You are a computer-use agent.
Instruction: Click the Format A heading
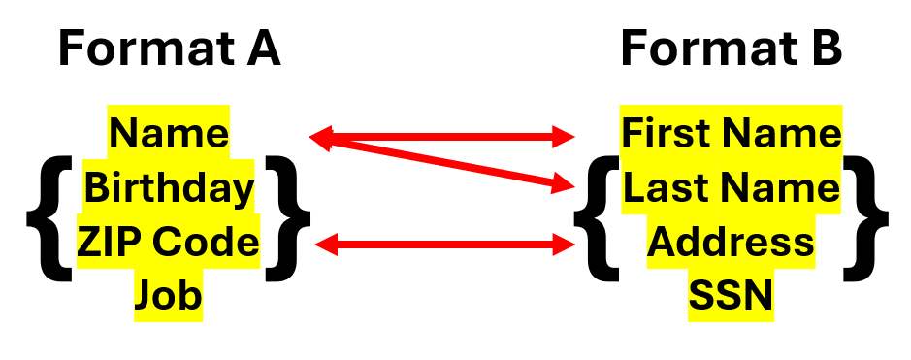169,49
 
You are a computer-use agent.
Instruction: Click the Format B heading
732,49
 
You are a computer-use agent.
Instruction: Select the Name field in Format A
169,132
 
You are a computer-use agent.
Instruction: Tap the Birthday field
169,187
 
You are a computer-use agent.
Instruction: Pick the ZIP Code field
169,242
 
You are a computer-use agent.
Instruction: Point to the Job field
169,294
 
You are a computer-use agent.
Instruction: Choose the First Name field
732,132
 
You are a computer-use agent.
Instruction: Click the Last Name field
732,187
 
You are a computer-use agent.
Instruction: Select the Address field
732,242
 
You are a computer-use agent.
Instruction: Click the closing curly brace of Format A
287,215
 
